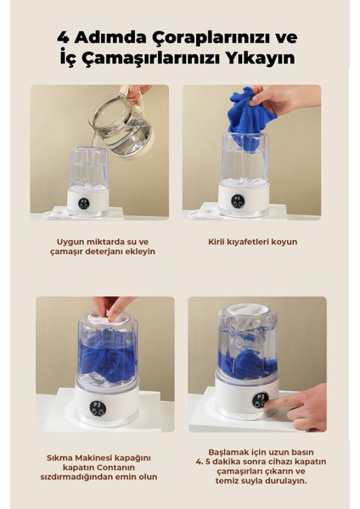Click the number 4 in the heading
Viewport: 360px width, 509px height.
(63, 37)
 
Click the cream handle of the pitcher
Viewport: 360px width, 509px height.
(134, 96)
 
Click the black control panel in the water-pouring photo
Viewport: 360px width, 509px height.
(83, 203)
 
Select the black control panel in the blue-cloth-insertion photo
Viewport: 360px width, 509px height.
(238, 201)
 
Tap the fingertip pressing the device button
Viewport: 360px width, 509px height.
(267, 405)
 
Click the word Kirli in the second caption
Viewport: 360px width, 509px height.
(217, 242)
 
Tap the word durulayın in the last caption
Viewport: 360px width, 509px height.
(286, 480)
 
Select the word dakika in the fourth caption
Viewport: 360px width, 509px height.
(222, 461)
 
